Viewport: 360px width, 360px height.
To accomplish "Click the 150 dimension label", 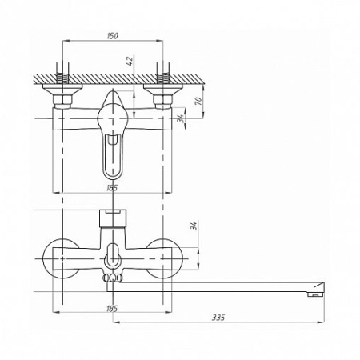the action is click(112, 36).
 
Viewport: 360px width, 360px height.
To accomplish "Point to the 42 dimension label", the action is click(130, 61).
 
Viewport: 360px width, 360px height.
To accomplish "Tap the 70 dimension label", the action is click(198, 101).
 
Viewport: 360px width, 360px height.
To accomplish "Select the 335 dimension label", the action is click(218, 318).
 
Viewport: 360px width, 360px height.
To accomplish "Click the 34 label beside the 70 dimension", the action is click(182, 118).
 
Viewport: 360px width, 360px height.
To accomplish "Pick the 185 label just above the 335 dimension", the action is click(112, 309).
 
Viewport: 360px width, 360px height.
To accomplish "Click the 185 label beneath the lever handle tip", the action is click(112, 188).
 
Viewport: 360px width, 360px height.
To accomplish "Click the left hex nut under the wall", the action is click(62, 101).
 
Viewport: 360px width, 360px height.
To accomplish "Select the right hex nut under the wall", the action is click(163, 101).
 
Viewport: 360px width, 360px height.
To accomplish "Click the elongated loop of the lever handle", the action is click(112, 158).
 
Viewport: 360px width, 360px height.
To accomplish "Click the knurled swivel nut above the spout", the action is click(112, 278).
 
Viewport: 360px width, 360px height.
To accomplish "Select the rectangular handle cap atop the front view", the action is click(113, 218).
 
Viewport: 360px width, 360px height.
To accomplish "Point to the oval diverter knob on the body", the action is click(113, 255).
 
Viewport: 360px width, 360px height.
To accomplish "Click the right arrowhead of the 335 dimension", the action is click(321, 322).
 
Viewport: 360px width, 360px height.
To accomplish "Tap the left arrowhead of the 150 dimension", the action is click(66, 41).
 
